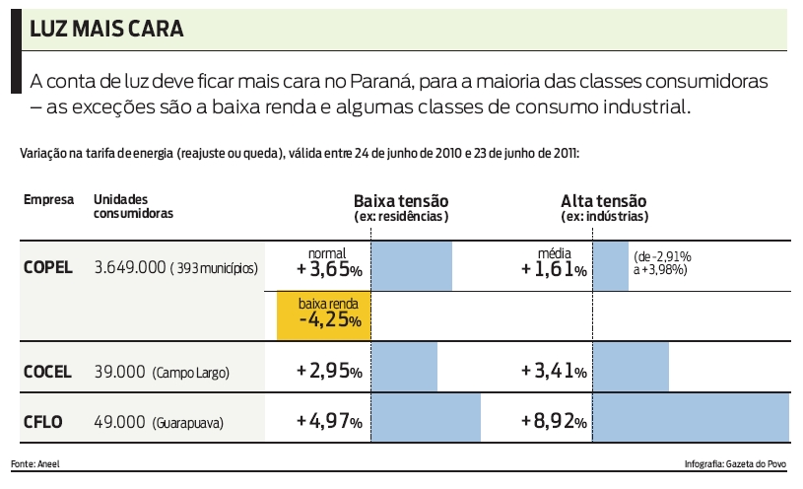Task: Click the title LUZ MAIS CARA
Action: [x=105, y=30]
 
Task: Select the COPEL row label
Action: [x=48, y=267]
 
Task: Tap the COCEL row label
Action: [x=47, y=372]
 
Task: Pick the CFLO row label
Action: [x=42, y=422]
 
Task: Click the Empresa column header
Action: [x=48, y=200]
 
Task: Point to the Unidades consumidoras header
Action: [x=134, y=206]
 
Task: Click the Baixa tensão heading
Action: [x=401, y=200]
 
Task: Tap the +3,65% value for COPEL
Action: [x=328, y=269]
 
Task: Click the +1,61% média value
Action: [x=554, y=269]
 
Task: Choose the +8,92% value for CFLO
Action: [x=554, y=422]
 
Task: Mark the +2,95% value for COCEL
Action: [x=328, y=372]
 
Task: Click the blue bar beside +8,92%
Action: [x=692, y=417]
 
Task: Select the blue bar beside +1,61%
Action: [x=611, y=265]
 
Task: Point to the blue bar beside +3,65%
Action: [x=411, y=265]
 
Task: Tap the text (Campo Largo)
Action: [x=190, y=373]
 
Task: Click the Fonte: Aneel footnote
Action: [x=34, y=462]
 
